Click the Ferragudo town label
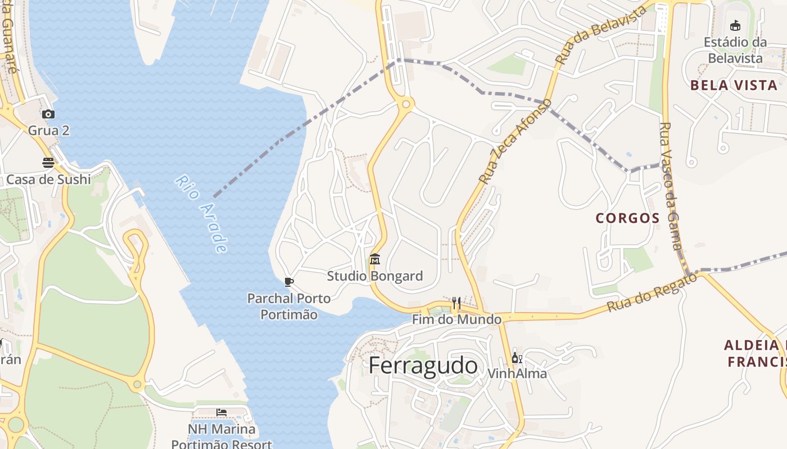(423, 366)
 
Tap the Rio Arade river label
(202, 214)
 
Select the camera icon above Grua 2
(49, 114)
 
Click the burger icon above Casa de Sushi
(48, 163)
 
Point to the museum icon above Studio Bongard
(375, 259)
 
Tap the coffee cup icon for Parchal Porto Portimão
(289, 282)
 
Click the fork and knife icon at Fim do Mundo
(456, 304)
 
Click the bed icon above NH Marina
(221, 413)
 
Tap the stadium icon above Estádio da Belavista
(735, 25)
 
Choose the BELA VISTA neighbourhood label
(734, 85)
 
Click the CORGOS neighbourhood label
(627, 218)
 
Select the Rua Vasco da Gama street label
(670, 186)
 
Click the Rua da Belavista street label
(601, 35)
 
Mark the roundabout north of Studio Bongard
(405, 103)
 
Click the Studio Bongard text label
(375, 276)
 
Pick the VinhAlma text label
(517, 373)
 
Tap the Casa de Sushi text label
(48, 180)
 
